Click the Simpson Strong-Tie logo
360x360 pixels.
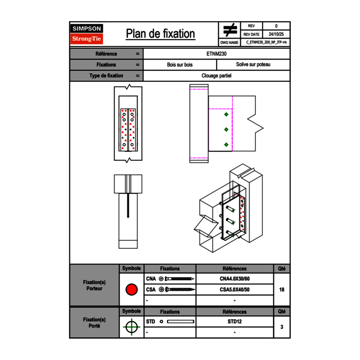click(x=87, y=34)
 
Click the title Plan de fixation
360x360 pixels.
click(x=160, y=34)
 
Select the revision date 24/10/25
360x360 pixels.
click(x=276, y=34)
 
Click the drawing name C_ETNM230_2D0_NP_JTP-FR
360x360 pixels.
click(x=266, y=42)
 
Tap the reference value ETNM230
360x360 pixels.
click(x=217, y=54)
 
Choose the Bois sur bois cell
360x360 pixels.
click(x=180, y=65)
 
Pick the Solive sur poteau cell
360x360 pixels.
click(x=253, y=65)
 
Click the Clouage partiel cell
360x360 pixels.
click(x=217, y=76)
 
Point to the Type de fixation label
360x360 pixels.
click(x=106, y=76)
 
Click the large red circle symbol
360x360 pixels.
click(x=131, y=290)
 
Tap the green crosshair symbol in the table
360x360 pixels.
click(x=131, y=327)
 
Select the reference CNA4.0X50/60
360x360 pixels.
click(x=234, y=279)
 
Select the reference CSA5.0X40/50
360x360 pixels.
click(x=234, y=290)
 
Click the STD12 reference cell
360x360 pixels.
click(x=234, y=322)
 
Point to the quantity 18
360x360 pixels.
click(x=281, y=290)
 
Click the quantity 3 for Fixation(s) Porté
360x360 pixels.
click(x=281, y=327)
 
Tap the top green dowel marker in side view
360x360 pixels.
click(x=226, y=115)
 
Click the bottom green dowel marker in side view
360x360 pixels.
click(x=226, y=144)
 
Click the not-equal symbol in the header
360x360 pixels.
click(x=230, y=30)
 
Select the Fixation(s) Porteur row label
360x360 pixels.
click(x=94, y=285)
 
